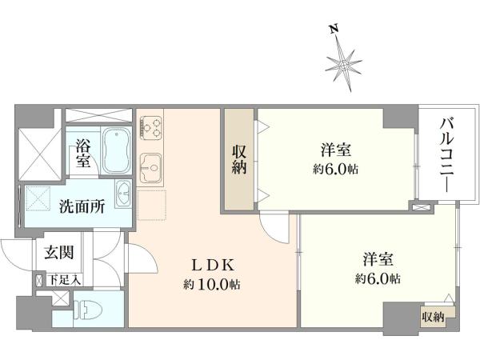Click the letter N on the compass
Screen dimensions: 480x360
[x=334, y=30]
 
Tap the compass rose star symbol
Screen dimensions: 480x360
[x=344, y=65]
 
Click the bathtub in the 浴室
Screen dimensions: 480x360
[x=117, y=151]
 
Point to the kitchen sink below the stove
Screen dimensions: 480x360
[x=150, y=168]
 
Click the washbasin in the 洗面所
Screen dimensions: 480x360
[x=123, y=194]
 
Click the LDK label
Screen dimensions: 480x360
[x=213, y=265]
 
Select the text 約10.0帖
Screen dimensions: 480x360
[x=212, y=285]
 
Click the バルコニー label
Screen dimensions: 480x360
[x=447, y=155]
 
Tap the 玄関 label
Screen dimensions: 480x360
[x=59, y=253]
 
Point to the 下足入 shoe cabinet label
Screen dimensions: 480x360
[x=65, y=280]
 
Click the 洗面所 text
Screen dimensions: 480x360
[x=82, y=206]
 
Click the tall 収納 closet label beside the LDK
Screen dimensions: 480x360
[x=239, y=159]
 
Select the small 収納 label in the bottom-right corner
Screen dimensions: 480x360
[x=433, y=317]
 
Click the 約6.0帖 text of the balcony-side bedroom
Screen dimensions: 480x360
[x=335, y=169]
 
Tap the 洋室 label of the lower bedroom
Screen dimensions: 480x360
[x=378, y=259]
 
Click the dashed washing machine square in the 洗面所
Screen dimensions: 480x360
[x=38, y=199]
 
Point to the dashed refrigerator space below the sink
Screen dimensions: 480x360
[x=152, y=205]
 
